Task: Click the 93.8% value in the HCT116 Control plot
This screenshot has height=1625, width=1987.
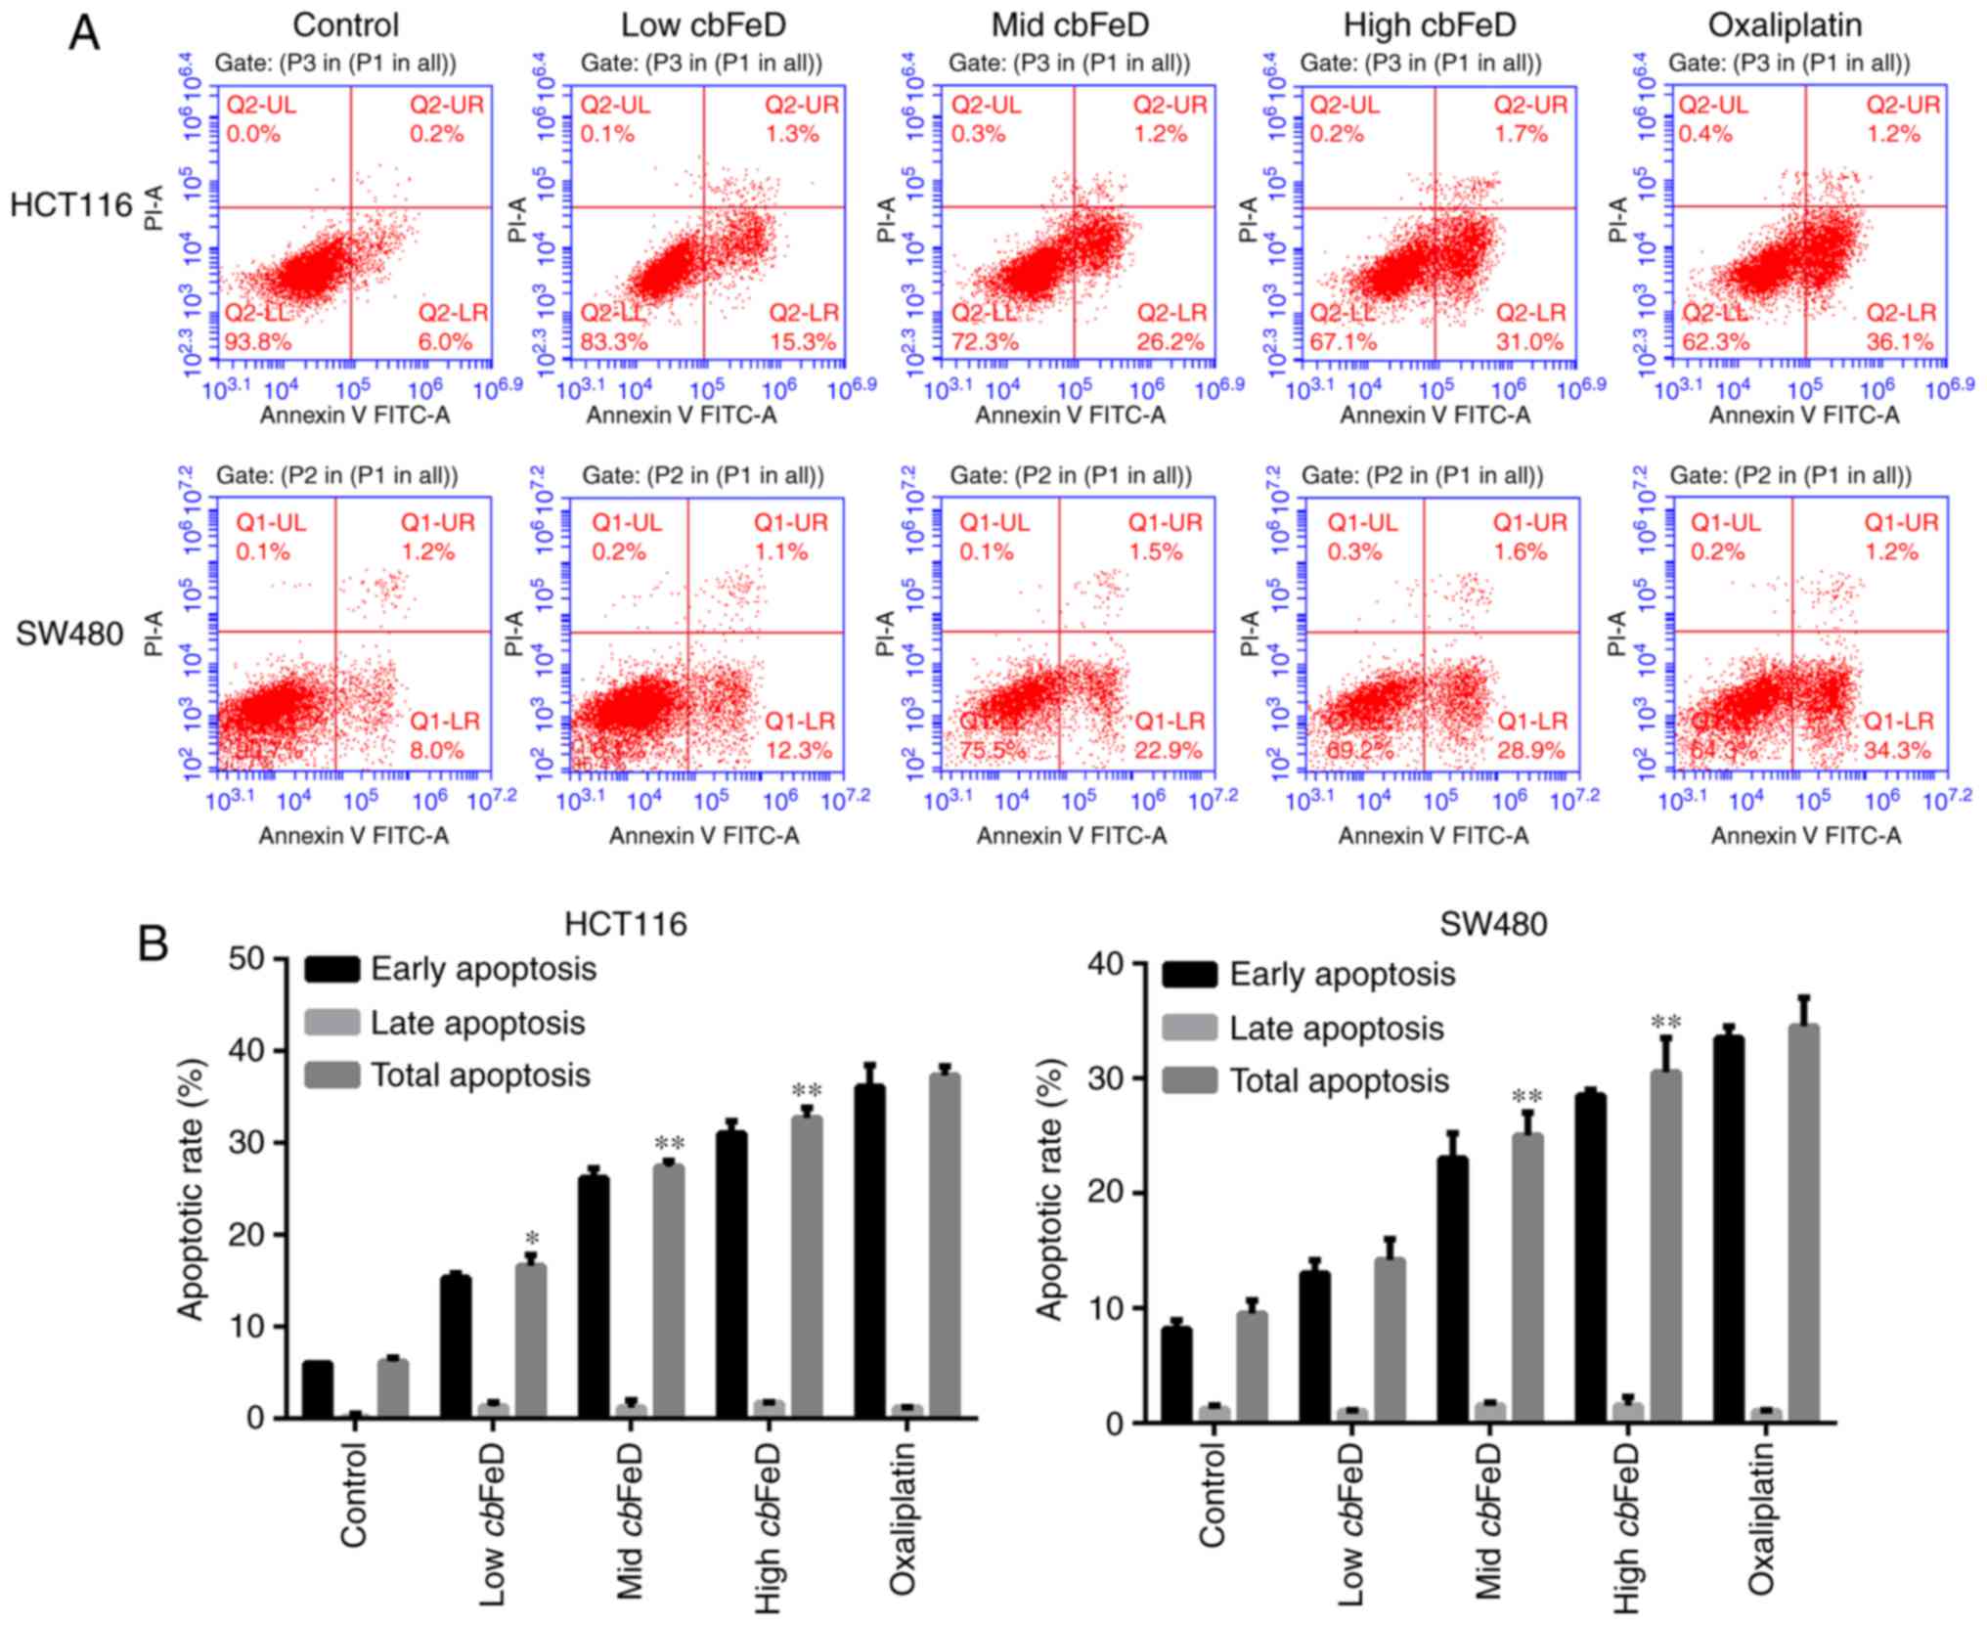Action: [258, 342]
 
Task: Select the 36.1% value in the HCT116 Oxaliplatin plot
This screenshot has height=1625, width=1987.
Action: [1900, 342]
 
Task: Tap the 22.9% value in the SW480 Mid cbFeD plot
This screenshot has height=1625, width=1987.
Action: [1170, 751]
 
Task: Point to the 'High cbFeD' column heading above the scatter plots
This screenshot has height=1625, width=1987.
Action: [1429, 24]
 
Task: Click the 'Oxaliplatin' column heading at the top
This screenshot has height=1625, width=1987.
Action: [1785, 24]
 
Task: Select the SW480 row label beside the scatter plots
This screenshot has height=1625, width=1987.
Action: [69, 634]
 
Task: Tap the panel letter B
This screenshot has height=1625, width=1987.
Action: [154, 944]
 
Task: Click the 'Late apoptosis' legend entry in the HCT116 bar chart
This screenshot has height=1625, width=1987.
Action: [477, 1023]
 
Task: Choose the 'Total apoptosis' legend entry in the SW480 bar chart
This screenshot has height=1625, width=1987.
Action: [1338, 1080]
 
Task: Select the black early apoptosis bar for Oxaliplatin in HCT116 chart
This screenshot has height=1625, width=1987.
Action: [869, 1252]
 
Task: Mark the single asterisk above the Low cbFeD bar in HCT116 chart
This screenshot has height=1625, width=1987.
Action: [532, 1241]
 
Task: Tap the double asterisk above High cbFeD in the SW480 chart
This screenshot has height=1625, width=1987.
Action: [1665, 1024]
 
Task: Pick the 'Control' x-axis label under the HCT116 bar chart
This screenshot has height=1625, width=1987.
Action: [353, 1496]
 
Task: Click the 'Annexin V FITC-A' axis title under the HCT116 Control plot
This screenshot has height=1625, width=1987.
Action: [354, 416]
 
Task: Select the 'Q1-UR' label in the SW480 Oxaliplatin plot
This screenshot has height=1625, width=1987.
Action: [1900, 522]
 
